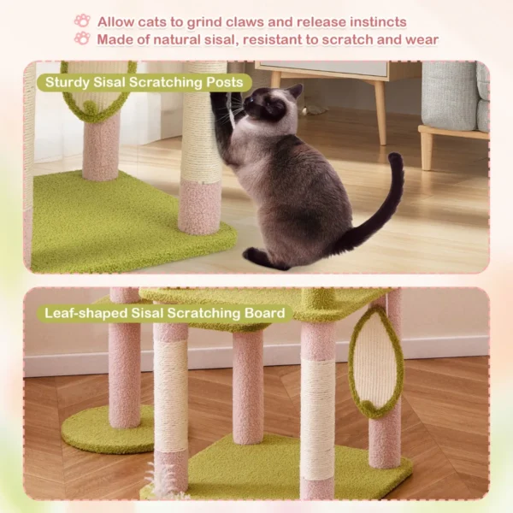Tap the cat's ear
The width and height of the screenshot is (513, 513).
point(295,91)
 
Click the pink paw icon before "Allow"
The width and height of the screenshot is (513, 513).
point(82,21)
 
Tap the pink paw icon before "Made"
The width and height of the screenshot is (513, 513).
point(82,38)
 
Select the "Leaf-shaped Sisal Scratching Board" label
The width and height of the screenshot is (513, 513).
point(164,314)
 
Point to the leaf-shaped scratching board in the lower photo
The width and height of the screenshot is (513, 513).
point(374,363)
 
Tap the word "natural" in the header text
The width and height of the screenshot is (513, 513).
point(187,39)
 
